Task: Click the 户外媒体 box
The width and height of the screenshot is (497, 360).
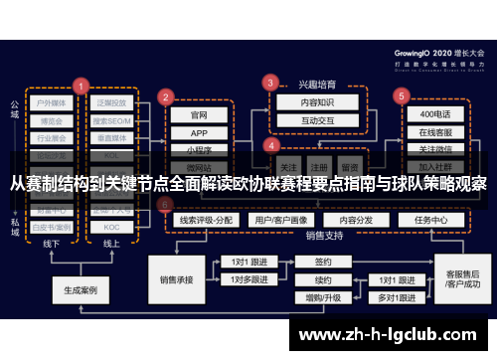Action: (52, 101)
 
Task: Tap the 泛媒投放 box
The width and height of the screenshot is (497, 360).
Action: (111, 101)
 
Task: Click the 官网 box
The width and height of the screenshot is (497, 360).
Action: (199, 114)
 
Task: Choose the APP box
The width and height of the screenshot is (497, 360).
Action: (199, 132)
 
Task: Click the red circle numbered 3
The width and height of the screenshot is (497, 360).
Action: (269, 82)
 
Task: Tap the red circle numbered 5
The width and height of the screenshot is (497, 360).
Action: (402, 96)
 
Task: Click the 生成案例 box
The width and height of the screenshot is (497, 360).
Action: (81, 291)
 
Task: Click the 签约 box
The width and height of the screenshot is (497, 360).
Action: (322, 263)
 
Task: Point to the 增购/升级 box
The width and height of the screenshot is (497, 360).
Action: (322, 296)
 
